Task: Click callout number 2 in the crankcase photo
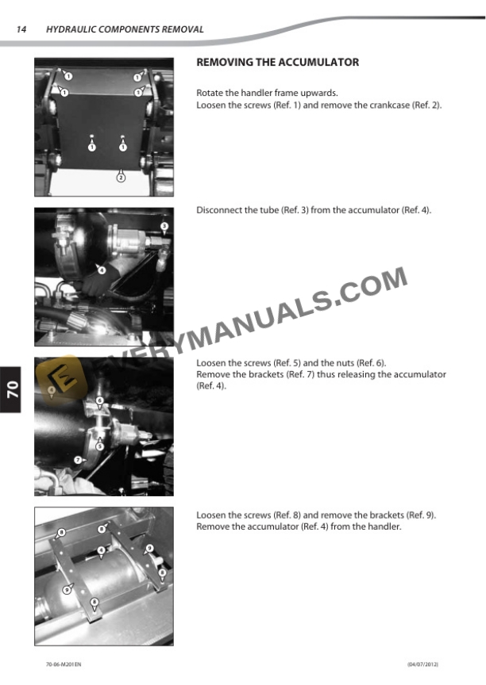click(x=121, y=178)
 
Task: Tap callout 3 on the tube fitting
click(x=164, y=227)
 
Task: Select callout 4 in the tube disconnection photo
click(x=102, y=270)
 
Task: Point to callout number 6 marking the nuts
click(x=100, y=401)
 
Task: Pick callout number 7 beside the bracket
click(x=78, y=460)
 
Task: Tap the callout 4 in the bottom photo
click(x=102, y=549)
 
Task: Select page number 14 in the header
click(x=21, y=29)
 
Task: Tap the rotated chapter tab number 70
click(x=13, y=389)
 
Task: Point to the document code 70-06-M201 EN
click(x=64, y=663)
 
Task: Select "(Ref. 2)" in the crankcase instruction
click(x=426, y=105)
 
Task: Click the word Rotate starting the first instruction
click(x=210, y=93)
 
